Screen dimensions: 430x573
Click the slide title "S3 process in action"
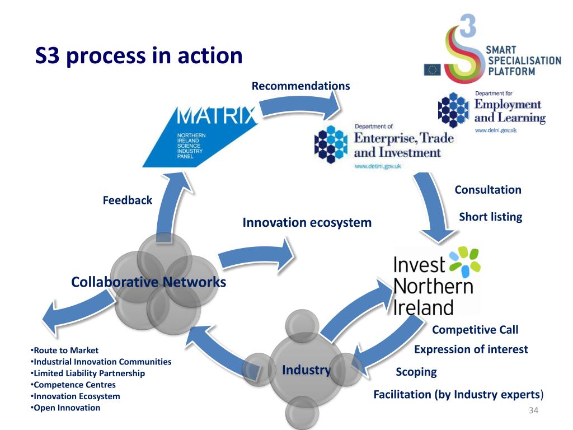(139, 56)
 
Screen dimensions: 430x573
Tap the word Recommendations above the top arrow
(300, 86)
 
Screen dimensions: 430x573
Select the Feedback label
(127, 200)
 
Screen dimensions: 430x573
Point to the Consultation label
(488, 189)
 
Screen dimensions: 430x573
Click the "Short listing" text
(490, 217)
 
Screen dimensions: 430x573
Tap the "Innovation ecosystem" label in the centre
(307, 222)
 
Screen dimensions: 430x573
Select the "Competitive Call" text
(475, 329)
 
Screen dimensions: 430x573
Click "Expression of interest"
(471, 349)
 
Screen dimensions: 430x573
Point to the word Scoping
(416, 372)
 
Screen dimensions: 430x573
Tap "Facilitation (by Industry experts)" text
(458, 394)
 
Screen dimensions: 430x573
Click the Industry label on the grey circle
(306, 370)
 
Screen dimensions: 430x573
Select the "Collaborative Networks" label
(148, 282)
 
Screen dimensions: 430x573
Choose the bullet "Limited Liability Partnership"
(89, 373)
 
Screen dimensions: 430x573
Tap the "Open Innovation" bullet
(67, 408)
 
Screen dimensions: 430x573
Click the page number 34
(533, 412)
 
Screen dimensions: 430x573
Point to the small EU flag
(432, 69)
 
